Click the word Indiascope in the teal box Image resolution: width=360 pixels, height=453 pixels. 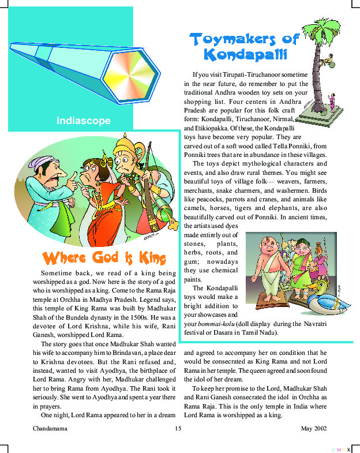(84, 121)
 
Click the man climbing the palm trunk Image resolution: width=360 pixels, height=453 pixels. (328, 58)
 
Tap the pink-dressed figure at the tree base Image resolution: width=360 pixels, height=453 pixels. (332, 101)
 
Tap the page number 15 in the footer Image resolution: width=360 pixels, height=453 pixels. (178, 429)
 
